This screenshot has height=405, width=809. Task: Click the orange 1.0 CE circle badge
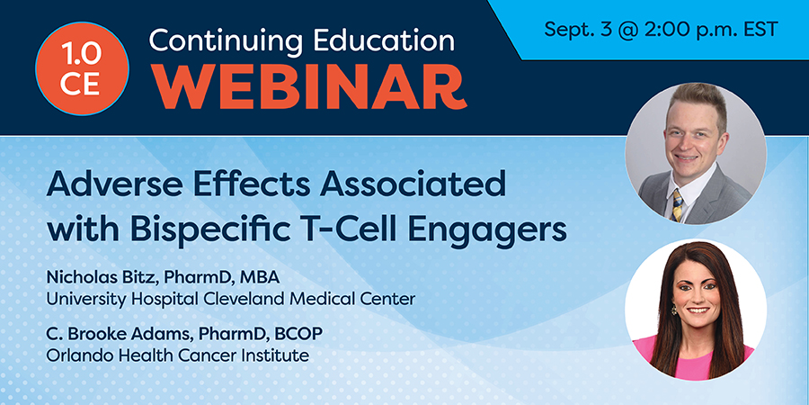click(82, 68)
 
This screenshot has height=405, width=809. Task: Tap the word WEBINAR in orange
click(311, 85)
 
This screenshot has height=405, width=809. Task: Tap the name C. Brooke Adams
click(111, 334)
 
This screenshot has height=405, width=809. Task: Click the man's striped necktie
click(678, 203)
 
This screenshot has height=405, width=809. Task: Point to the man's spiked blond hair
click(696, 101)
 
